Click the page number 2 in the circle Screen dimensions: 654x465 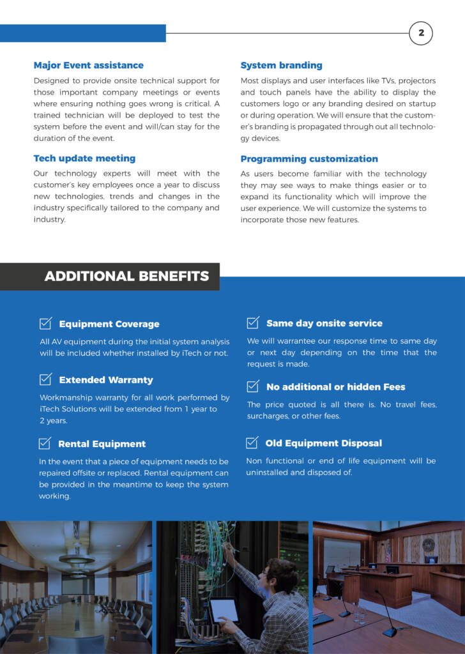click(421, 33)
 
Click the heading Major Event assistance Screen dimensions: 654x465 click(88, 65)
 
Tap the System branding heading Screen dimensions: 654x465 click(281, 65)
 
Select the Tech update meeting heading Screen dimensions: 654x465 click(84, 158)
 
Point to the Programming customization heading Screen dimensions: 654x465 click(309, 158)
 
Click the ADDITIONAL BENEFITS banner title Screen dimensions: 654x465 click(126, 276)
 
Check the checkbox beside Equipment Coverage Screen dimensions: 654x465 click(45, 323)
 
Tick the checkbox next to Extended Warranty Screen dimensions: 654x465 click(45, 379)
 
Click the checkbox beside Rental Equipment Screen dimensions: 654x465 click(45, 443)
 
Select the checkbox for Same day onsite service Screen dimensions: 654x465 click(253, 323)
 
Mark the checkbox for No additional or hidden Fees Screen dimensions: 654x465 click(253, 386)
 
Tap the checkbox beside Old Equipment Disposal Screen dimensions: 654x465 click(252, 443)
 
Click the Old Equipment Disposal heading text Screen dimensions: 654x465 click(323, 443)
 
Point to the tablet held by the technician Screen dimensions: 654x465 click(224, 610)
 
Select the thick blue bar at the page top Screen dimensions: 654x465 click(83, 33)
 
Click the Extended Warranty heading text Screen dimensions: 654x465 click(106, 380)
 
